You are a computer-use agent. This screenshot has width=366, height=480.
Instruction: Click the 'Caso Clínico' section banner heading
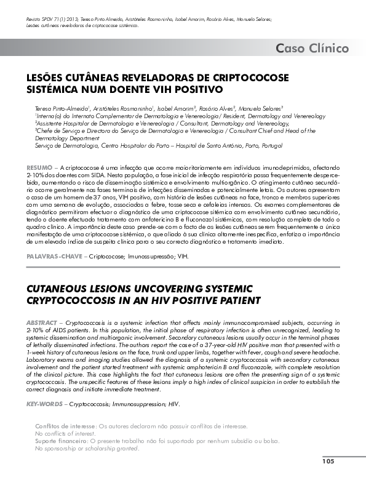click(312, 48)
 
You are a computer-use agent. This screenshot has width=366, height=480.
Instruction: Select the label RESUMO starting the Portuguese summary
click(39, 167)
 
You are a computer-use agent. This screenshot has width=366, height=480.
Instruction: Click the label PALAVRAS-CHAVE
click(54, 254)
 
